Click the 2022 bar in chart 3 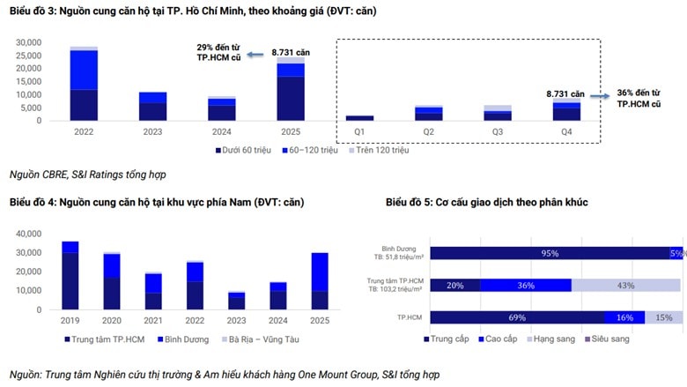point(84,84)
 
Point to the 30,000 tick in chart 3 point(29,42)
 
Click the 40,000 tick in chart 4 point(29,234)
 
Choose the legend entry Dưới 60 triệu point(240,150)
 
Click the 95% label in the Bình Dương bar point(550,254)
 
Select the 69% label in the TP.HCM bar point(517,317)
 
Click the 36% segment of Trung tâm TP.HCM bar point(526,286)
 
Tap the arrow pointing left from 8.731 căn point(256,54)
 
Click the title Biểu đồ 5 point(486,202)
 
